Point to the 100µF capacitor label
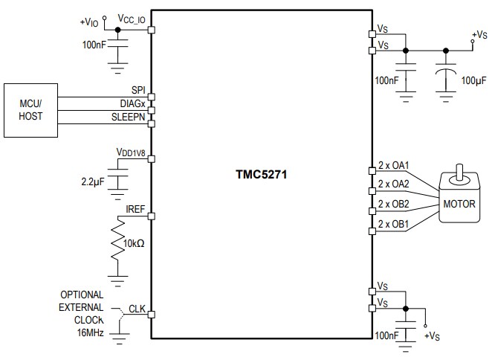click(x=474, y=80)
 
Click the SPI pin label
click(x=137, y=90)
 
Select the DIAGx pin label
click(x=132, y=103)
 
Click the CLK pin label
click(x=137, y=307)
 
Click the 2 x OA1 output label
click(x=394, y=165)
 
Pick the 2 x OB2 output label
click(x=394, y=204)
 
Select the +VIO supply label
click(x=89, y=22)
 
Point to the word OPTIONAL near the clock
click(x=82, y=295)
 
